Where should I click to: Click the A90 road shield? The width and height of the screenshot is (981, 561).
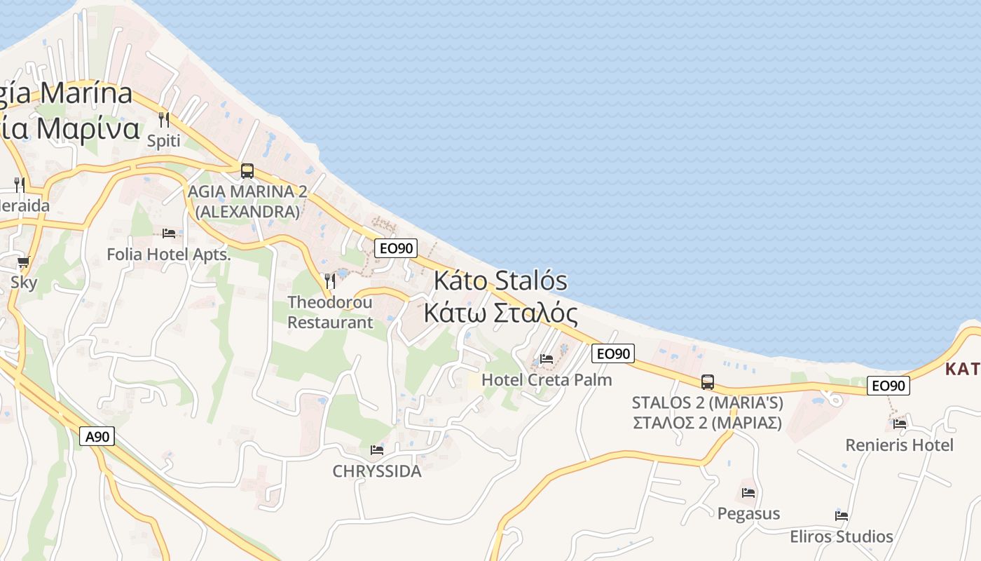[97, 437]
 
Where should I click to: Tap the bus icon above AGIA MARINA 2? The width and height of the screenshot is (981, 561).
[247, 170]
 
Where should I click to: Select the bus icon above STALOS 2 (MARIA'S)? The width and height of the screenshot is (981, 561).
[708, 382]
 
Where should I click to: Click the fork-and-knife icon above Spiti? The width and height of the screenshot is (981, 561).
[164, 120]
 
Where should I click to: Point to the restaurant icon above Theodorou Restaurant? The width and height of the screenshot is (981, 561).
[330, 281]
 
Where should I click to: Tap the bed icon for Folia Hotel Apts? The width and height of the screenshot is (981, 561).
[168, 233]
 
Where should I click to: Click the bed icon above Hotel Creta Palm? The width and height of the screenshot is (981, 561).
[547, 359]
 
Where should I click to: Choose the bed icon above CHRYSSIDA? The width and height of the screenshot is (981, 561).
[377, 450]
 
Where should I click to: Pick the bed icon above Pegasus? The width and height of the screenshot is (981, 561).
[748, 492]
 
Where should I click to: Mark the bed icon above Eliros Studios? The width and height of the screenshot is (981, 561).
[842, 516]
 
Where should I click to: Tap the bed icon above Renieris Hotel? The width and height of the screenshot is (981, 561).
[900, 424]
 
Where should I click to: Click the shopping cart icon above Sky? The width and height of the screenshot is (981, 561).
[23, 262]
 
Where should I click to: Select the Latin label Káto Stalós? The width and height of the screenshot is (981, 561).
[500, 280]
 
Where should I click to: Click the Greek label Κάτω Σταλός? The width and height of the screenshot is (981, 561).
[500, 313]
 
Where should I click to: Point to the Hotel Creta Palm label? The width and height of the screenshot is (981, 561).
[547, 380]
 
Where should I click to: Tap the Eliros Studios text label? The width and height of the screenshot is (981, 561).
[842, 537]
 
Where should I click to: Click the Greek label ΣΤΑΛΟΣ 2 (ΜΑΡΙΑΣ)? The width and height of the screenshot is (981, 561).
[707, 423]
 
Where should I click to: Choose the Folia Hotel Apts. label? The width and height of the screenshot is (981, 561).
[168, 255]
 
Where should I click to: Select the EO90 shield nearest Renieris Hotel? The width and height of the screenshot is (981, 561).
[888, 385]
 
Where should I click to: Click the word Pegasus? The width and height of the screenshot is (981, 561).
[748, 513]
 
